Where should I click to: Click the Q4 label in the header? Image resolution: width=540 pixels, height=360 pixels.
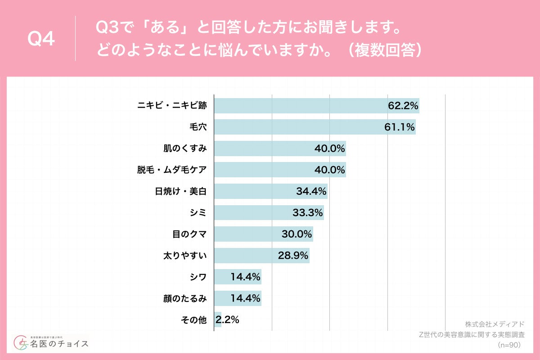point(41,40)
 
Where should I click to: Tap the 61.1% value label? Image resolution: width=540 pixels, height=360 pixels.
point(400,127)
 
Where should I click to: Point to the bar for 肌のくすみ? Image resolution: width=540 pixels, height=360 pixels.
point(270,148)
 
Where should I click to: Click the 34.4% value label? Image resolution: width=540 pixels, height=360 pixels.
point(311,191)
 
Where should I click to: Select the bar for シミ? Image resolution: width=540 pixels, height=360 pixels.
point(261,213)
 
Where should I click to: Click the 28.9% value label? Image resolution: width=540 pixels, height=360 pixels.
point(293,256)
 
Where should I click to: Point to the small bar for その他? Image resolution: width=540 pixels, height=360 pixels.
point(217,320)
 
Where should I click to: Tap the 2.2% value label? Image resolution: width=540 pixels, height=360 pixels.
point(228,320)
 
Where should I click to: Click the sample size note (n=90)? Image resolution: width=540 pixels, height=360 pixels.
point(509,345)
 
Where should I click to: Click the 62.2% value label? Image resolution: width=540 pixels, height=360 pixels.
point(403,106)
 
